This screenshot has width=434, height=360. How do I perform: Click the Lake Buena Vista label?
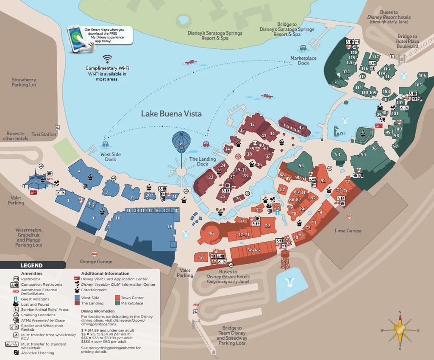(171, 114)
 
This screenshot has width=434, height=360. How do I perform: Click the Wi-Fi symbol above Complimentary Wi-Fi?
(107, 59)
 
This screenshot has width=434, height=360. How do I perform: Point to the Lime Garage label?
(348, 231)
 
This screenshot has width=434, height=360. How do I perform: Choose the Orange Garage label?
(96, 262)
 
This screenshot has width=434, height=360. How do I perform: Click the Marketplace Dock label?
(303, 60)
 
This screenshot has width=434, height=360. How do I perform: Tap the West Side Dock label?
(110, 157)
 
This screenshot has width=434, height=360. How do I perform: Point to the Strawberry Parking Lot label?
(24, 82)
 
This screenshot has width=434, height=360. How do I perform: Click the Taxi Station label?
(44, 134)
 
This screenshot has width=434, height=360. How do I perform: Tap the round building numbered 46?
(211, 233)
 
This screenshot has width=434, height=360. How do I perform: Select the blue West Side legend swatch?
(77, 298)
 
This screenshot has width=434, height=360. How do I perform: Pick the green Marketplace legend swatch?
(117, 303)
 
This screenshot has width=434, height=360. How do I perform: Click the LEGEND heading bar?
(32, 265)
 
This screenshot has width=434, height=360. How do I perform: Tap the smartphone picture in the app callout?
(76, 39)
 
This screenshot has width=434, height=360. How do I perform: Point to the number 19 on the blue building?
(170, 227)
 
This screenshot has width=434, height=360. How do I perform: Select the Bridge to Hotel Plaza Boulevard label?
(407, 42)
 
